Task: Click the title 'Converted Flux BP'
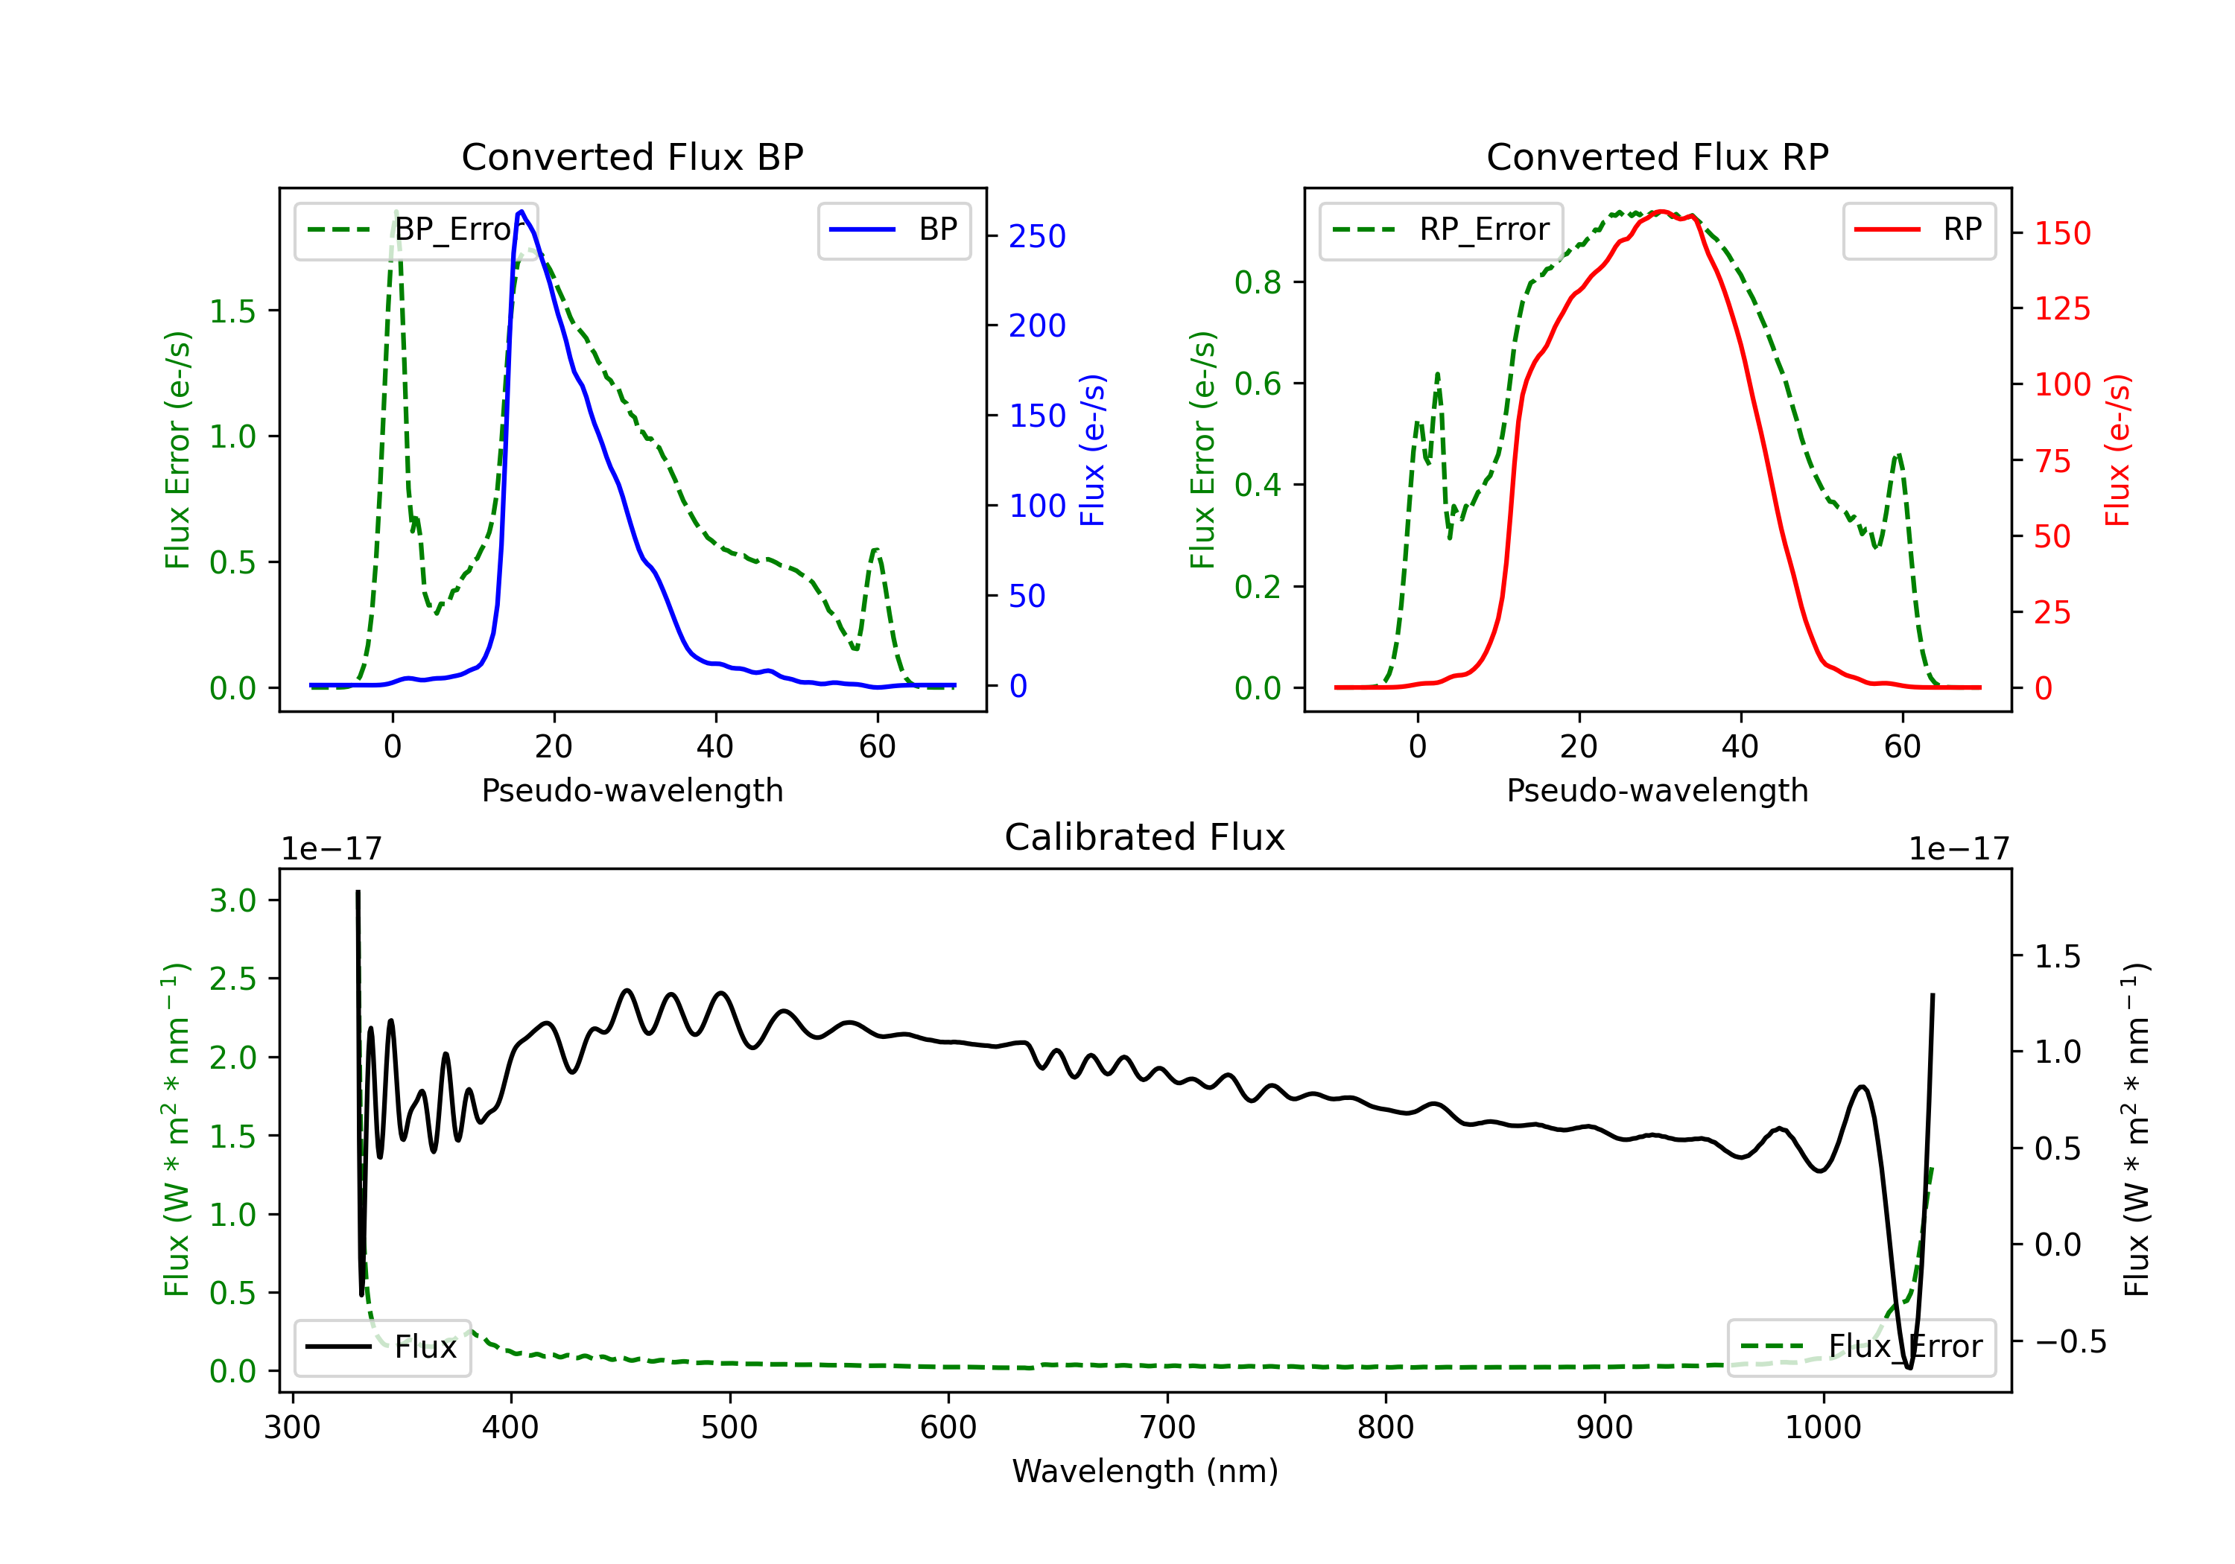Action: point(632,156)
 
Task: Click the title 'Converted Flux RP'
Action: point(1657,156)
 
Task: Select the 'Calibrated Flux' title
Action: point(1145,837)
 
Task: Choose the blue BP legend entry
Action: point(893,229)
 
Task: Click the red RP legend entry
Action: point(1918,229)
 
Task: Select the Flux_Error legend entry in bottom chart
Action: point(1861,1347)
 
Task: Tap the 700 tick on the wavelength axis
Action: point(1167,1428)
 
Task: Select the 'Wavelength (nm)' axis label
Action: point(1145,1472)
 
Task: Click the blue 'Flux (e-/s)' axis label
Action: point(1093,451)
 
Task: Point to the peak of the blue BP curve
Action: point(521,212)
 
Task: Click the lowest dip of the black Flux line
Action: point(1909,1367)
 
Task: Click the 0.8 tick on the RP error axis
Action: point(1258,282)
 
